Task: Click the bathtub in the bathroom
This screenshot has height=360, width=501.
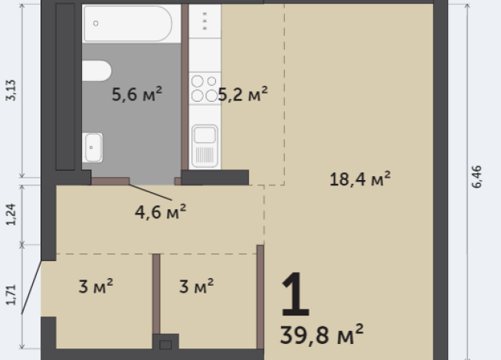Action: (127, 22)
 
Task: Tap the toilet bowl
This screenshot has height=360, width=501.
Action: (97, 70)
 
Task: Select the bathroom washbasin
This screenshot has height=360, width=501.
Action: (93, 146)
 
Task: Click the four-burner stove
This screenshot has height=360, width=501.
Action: (204, 88)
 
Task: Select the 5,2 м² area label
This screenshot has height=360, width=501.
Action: (243, 94)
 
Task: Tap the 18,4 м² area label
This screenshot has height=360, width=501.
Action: (360, 179)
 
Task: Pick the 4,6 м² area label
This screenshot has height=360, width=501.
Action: (161, 211)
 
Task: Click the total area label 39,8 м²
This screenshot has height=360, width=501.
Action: (322, 334)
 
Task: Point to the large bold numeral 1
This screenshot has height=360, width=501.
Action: (296, 295)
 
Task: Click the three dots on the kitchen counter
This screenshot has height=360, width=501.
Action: (205, 21)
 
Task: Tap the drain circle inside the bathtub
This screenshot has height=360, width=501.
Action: (96, 23)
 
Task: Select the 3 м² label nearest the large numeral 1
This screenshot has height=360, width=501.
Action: (196, 286)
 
